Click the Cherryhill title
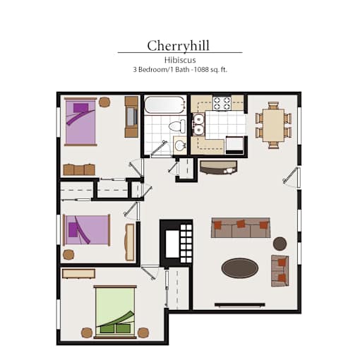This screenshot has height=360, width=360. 178,46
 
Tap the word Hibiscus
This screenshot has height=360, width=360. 180,60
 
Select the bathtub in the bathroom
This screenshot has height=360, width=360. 164,105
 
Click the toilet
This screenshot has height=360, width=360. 177,126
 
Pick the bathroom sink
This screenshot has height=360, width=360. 180,146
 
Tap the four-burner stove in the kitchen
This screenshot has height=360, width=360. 222,103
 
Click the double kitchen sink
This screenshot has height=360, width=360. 198,124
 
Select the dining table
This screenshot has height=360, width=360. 273,125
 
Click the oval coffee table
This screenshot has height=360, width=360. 240,268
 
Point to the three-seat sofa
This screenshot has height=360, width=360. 241,228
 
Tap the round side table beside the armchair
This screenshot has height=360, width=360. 280,244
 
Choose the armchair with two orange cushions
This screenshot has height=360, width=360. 280,271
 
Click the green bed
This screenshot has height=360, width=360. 115,312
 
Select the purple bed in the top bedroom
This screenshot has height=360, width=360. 80,121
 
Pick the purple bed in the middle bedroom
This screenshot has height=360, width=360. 86,230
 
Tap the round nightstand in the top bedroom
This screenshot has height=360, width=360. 104,102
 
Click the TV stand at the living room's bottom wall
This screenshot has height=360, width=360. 240,305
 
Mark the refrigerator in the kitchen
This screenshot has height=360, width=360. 234,145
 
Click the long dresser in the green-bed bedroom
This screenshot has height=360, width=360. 79,274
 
